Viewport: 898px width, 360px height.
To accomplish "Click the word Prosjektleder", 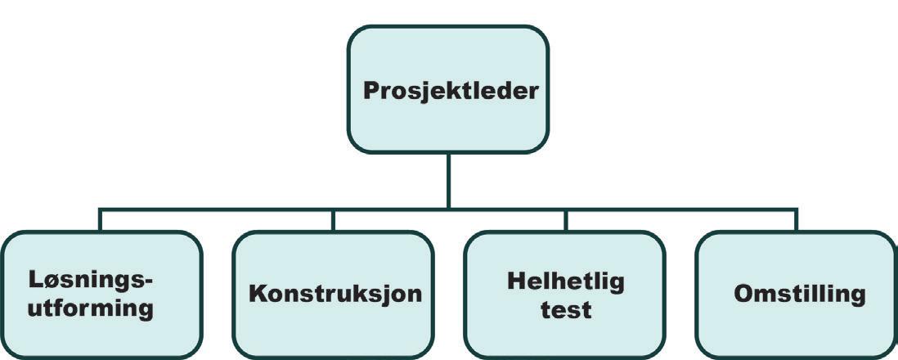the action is click(x=451, y=89).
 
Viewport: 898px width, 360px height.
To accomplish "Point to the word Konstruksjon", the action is click(x=335, y=294).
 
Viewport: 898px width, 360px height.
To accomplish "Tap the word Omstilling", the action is click(x=798, y=294).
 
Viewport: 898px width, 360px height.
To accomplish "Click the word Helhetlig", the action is click(x=565, y=281).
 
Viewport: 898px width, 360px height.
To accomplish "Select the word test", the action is click(x=566, y=310).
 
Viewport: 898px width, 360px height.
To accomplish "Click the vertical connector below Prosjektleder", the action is click(x=448, y=180).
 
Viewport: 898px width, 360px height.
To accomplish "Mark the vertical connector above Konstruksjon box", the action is click(x=332, y=219).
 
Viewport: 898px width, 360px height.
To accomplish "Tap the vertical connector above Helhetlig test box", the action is click(x=564, y=219).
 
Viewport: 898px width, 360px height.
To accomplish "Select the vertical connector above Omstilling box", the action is click(x=796, y=219).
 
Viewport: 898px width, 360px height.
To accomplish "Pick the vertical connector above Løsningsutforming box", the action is click(x=100, y=219).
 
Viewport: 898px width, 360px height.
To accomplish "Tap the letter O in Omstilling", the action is click(x=742, y=294).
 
